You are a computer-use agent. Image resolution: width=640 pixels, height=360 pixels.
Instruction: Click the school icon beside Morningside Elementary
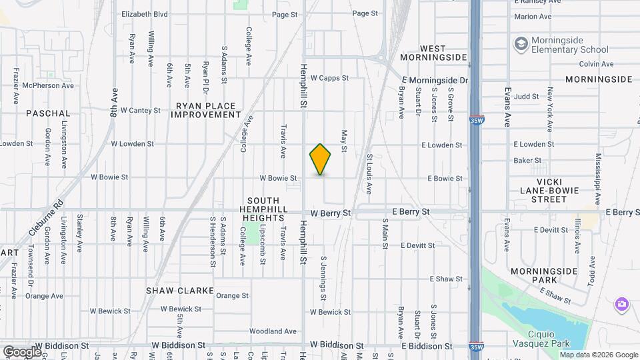pyautogui.click(x=521, y=44)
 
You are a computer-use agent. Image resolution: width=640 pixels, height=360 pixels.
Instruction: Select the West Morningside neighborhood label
pyautogui.click(x=433, y=53)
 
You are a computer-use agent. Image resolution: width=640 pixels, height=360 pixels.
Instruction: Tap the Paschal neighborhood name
pyautogui.click(x=48, y=113)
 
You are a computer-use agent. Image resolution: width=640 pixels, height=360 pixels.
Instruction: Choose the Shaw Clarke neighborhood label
pyautogui.click(x=180, y=291)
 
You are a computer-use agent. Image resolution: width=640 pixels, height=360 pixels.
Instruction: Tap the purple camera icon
pyautogui.click(x=621, y=304)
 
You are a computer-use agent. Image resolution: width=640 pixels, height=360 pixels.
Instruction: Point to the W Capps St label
pyautogui.click(x=329, y=78)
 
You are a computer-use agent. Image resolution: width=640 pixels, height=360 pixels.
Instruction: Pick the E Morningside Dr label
pyautogui.click(x=435, y=80)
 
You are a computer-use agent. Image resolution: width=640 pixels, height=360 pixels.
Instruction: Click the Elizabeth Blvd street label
pyautogui.click(x=145, y=13)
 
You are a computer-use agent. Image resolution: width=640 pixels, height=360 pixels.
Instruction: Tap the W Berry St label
pyautogui.click(x=331, y=213)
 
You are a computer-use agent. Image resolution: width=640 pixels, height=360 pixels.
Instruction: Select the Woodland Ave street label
pyautogui.click(x=273, y=331)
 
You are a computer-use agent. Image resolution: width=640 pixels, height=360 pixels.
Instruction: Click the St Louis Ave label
pyautogui.click(x=369, y=174)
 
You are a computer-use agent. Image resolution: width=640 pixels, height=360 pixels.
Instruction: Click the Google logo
pyautogui.click(x=22, y=351)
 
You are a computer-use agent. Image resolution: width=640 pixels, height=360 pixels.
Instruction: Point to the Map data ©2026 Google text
pyautogui.click(x=599, y=355)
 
